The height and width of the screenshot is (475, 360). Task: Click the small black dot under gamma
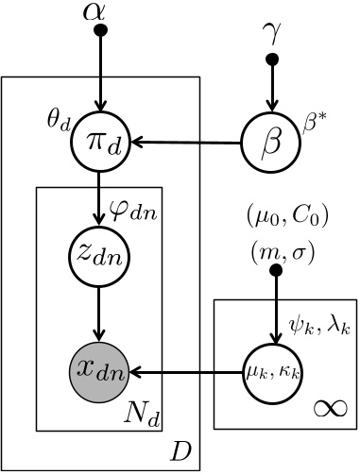(x=273, y=60)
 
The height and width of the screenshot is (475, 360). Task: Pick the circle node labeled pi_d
(x=100, y=144)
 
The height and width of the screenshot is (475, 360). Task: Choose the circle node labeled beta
(x=272, y=144)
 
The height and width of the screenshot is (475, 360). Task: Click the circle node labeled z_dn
(x=100, y=255)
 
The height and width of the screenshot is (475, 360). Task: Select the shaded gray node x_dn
(x=100, y=366)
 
